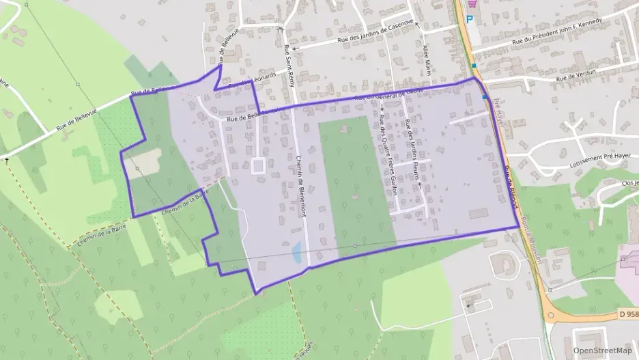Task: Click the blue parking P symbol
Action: point(470,19)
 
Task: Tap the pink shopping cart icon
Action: point(470,3)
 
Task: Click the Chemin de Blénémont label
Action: point(301,184)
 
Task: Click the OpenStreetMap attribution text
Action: point(602,350)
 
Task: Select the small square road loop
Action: point(258,166)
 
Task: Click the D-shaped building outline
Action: point(505,263)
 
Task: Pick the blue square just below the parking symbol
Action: point(474,66)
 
